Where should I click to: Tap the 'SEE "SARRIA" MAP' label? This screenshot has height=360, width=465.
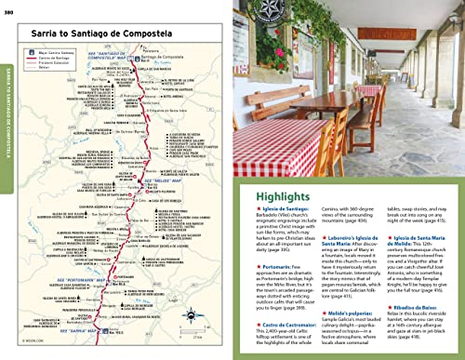(x=73, y=327)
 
